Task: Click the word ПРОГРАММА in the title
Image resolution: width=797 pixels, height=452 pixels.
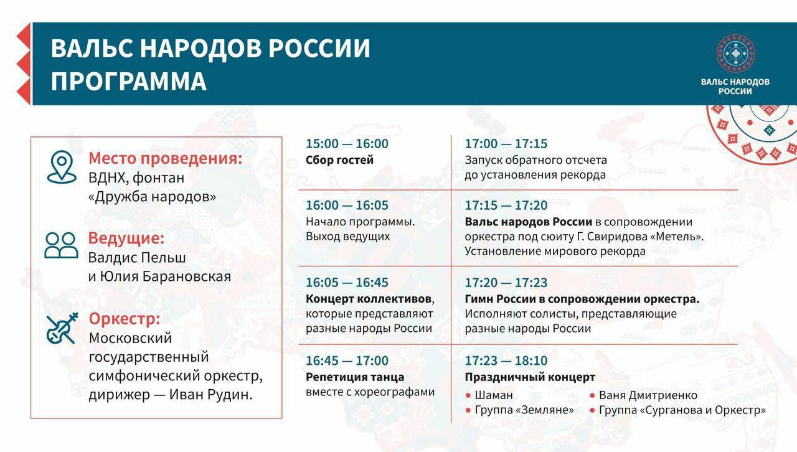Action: pyautogui.click(x=128, y=82)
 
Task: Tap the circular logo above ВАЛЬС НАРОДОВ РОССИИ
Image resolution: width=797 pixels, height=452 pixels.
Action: pyautogui.click(x=735, y=54)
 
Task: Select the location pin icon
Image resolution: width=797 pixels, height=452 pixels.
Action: pyautogui.click(x=62, y=167)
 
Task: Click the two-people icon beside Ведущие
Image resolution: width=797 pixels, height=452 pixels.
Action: pyautogui.click(x=61, y=245)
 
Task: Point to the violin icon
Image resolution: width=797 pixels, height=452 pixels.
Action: pyautogui.click(x=62, y=328)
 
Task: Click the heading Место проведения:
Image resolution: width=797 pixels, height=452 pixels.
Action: pyautogui.click(x=165, y=158)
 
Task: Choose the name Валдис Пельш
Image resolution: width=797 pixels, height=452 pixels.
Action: pyautogui.click(x=137, y=257)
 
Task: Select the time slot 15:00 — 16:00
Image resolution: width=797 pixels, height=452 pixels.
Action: pyautogui.click(x=347, y=144)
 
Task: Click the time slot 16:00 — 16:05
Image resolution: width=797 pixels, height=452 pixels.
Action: pyautogui.click(x=347, y=205)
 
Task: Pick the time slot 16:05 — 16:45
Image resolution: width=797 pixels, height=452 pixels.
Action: pyautogui.click(x=347, y=283)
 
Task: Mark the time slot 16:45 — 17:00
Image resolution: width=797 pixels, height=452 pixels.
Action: pyautogui.click(x=347, y=360)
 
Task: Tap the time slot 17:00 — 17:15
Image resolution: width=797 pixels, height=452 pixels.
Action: pyautogui.click(x=506, y=144)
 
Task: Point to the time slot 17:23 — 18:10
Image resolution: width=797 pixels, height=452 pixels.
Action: pyautogui.click(x=506, y=360)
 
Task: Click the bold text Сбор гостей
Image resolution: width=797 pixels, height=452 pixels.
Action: pyautogui.click(x=339, y=160)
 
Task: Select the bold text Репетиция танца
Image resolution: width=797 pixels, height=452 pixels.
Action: pyautogui.click(x=355, y=377)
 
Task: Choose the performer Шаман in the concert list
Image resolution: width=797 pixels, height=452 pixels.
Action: pyautogui.click(x=494, y=395)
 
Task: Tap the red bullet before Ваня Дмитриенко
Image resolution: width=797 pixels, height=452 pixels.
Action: pyautogui.click(x=592, y=396)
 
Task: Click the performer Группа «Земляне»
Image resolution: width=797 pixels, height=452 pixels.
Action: pyautogui.click(x=524, y=410)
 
